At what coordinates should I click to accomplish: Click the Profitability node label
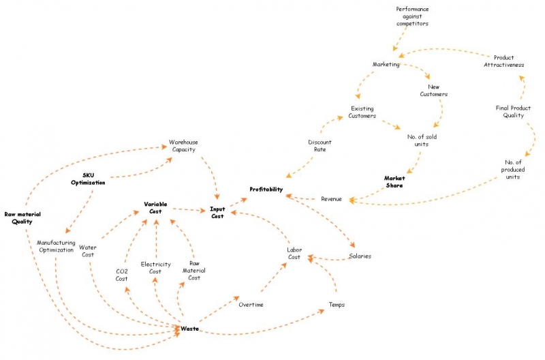[266, 190]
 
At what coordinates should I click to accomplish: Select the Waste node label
[190, 329]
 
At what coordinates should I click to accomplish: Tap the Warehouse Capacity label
[183, 146]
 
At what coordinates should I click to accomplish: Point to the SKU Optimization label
[88, 179]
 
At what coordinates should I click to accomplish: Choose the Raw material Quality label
[22, 218]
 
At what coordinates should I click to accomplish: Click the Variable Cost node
[155, 208]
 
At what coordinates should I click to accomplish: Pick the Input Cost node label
[217, 213]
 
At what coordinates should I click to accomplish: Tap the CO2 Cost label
[122, 275]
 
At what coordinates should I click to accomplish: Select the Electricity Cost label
[156, 268]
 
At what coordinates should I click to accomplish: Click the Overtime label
[251, 305]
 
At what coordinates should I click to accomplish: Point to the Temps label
[337, 305]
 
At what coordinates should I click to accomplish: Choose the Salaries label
[360, 256]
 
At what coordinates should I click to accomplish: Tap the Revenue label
[331, 199]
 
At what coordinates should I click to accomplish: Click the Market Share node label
[394, 182]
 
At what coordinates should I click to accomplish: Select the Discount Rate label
[320, 146]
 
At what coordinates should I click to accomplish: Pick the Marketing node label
[386, 64]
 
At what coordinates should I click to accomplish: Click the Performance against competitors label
[412, 16]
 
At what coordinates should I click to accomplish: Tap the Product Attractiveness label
[504, 61]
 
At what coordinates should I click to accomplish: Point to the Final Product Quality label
[514, 112]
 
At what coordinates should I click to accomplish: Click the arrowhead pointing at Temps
[322, 311]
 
